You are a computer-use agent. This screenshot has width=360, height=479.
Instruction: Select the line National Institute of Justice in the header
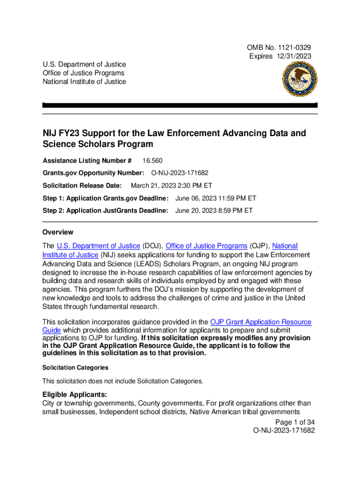pos(84,81)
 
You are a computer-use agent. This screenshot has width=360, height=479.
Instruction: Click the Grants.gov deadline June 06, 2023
pos(216,198)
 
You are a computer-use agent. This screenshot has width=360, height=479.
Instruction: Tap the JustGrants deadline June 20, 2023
pos(214,210)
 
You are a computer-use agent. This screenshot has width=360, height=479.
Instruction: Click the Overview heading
pos(58,232)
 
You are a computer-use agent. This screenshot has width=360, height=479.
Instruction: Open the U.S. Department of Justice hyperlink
pos(98,246)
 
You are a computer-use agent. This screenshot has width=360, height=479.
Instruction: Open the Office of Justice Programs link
pos(207,246)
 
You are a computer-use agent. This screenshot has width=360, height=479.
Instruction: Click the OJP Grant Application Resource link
pos(261,322)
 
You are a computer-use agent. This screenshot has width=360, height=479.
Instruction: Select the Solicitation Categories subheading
pos(75,368)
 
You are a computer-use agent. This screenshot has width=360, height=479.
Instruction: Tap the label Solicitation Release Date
pos(82,185)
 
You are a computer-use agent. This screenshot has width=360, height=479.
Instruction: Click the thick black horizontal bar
pos(180,105)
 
